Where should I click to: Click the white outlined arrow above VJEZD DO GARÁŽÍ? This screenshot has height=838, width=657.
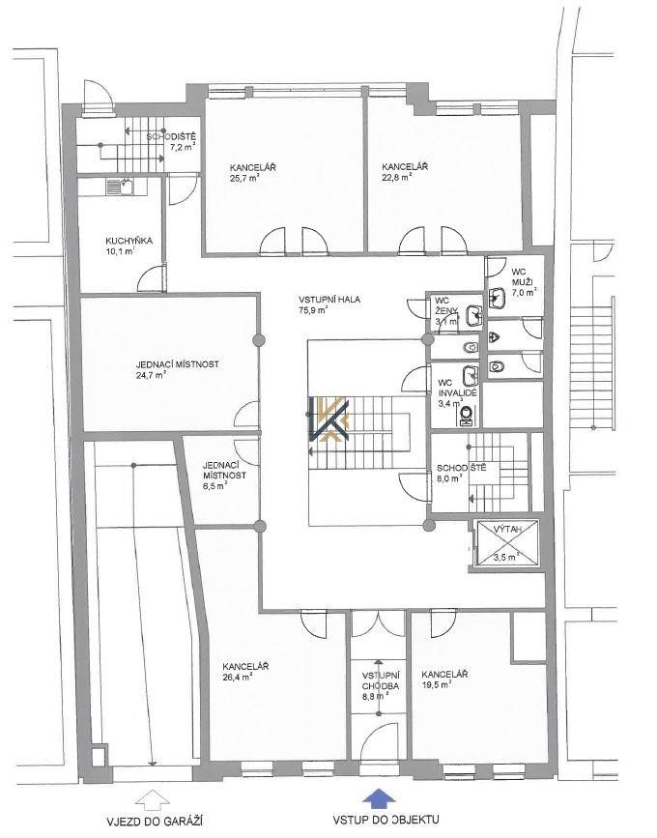[x=152, y=797]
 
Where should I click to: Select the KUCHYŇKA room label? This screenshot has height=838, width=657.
[x=129, y=241]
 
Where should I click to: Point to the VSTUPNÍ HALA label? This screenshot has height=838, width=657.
[x=329, y=300]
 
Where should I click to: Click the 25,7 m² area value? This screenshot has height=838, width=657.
[x=245, y=179]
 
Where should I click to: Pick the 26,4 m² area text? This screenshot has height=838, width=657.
[x=238, y=678]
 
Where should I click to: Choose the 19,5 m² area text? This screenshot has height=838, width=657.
[x=437, y=684]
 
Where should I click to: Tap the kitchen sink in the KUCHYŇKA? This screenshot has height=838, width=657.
[x=120, y=188]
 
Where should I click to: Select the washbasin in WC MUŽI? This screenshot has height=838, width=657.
[x=497, y=299]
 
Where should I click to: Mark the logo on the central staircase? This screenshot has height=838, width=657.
[x=328, y=419]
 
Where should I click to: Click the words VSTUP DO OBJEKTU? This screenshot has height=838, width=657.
[x=386, y=820]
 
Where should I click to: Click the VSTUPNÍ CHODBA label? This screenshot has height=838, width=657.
[x=381, y=680]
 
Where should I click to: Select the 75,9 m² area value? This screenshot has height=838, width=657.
[x=314, y=310]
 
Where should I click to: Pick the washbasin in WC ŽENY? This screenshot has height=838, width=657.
[x=473, y=316]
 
